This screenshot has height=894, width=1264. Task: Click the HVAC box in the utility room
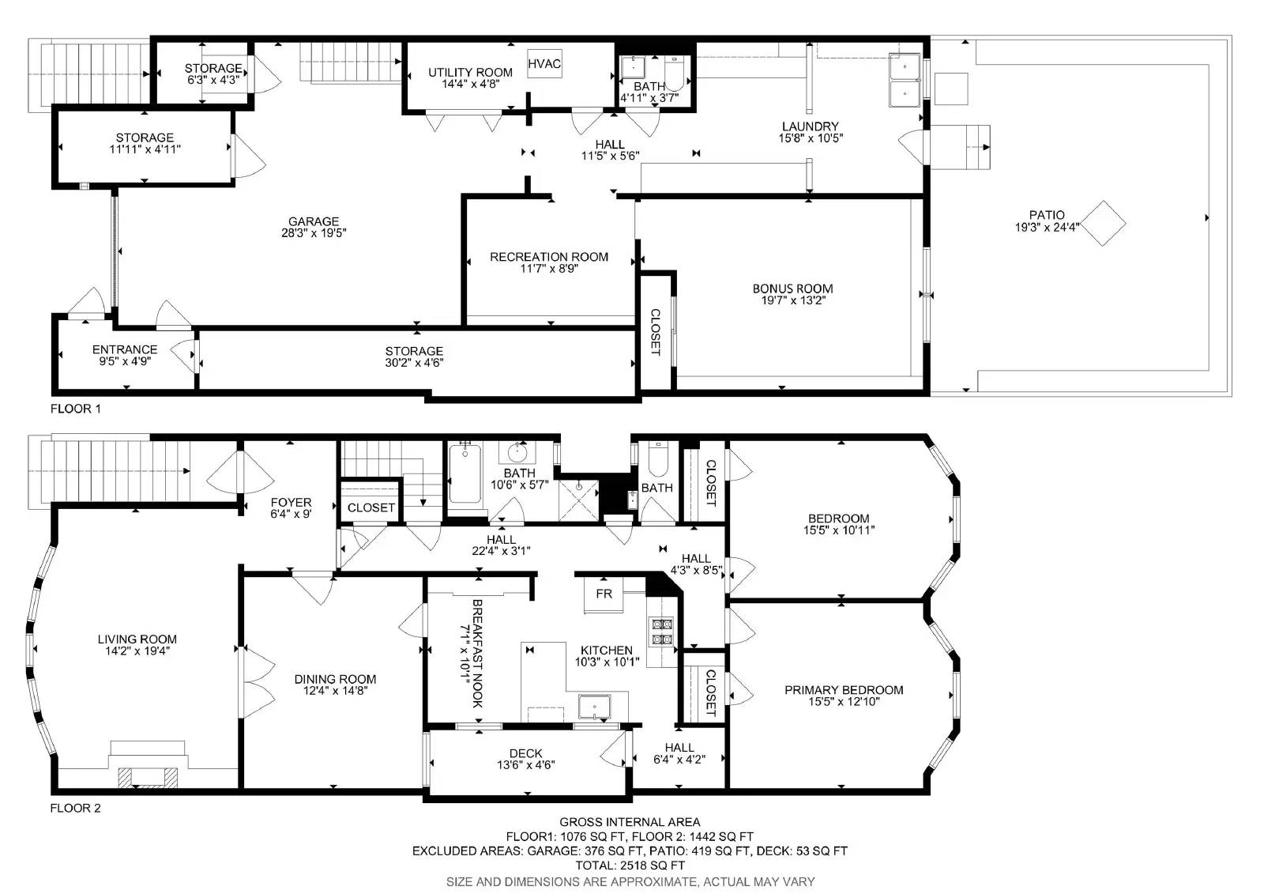click(544, 63)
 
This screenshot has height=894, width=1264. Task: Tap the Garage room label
click(314, 221)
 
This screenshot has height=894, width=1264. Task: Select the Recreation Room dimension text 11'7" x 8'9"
click(549, 269)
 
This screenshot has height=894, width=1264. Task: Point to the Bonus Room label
click(792, 289)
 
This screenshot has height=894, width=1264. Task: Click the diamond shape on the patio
click(1103, 224)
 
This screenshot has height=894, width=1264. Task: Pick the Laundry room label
click(810, 126)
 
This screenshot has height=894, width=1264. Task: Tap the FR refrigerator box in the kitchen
click(604, 594)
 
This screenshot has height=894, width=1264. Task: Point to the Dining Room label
click(335, 679)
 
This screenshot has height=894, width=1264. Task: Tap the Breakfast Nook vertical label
click(477, 653)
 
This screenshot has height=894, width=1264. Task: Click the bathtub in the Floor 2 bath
click(466, 475)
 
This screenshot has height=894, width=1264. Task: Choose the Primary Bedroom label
click(844, 690)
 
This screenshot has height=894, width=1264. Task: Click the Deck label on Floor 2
click(525, 753)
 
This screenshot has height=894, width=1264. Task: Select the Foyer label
click(291, 502)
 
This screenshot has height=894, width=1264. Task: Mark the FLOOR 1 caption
click(76, 409)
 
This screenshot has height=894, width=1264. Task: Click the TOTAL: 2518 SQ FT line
click(630, 866)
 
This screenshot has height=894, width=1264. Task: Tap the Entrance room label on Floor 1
click(125, 349)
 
